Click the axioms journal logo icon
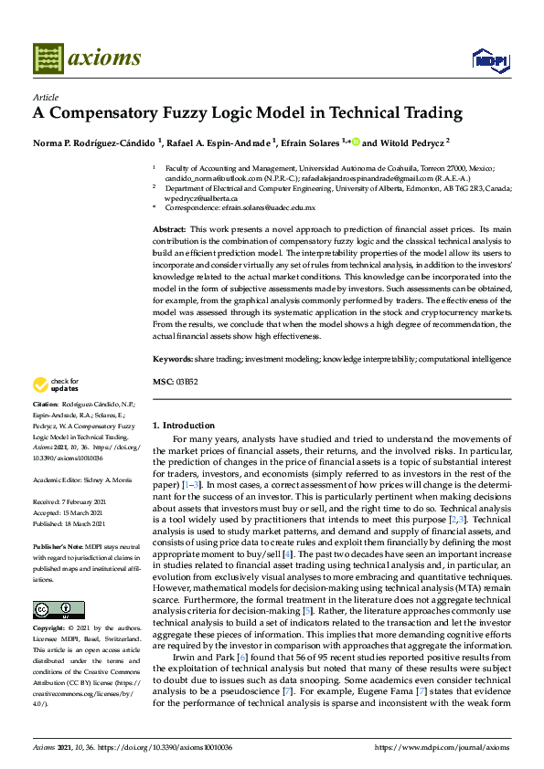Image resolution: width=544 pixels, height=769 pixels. click(x=47, y=59)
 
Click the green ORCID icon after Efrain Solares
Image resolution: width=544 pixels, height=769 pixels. click(x=357, y=142)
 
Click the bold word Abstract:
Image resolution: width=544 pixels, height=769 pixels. click(x=170, y=228)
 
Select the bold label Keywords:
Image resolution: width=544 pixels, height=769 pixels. click(x=172, y=360)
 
